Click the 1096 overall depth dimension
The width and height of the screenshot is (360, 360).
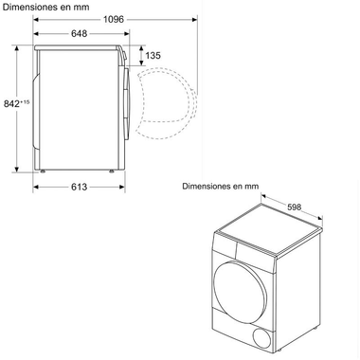click(116, 19)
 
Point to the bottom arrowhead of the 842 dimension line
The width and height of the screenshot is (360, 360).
click(21, 168)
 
